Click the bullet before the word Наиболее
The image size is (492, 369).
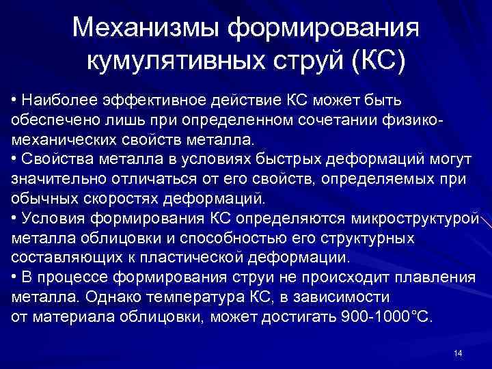(15, 101)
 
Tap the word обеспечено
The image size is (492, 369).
(51, 120)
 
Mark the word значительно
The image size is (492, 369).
(56, 180)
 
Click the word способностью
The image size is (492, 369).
(234, 238)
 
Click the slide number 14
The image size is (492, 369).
(458, 353)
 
